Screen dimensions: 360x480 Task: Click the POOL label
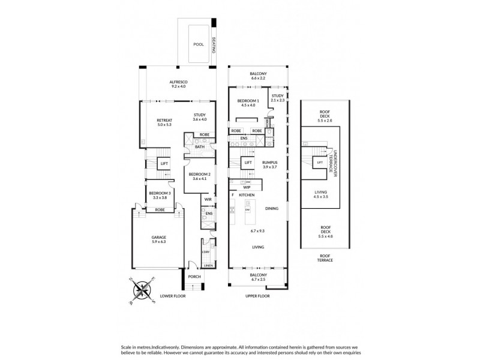(198, 44)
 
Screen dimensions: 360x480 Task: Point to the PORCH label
(194, 277)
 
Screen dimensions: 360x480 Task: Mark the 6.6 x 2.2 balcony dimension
(257, 79)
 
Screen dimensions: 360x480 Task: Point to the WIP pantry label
(247, 187)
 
